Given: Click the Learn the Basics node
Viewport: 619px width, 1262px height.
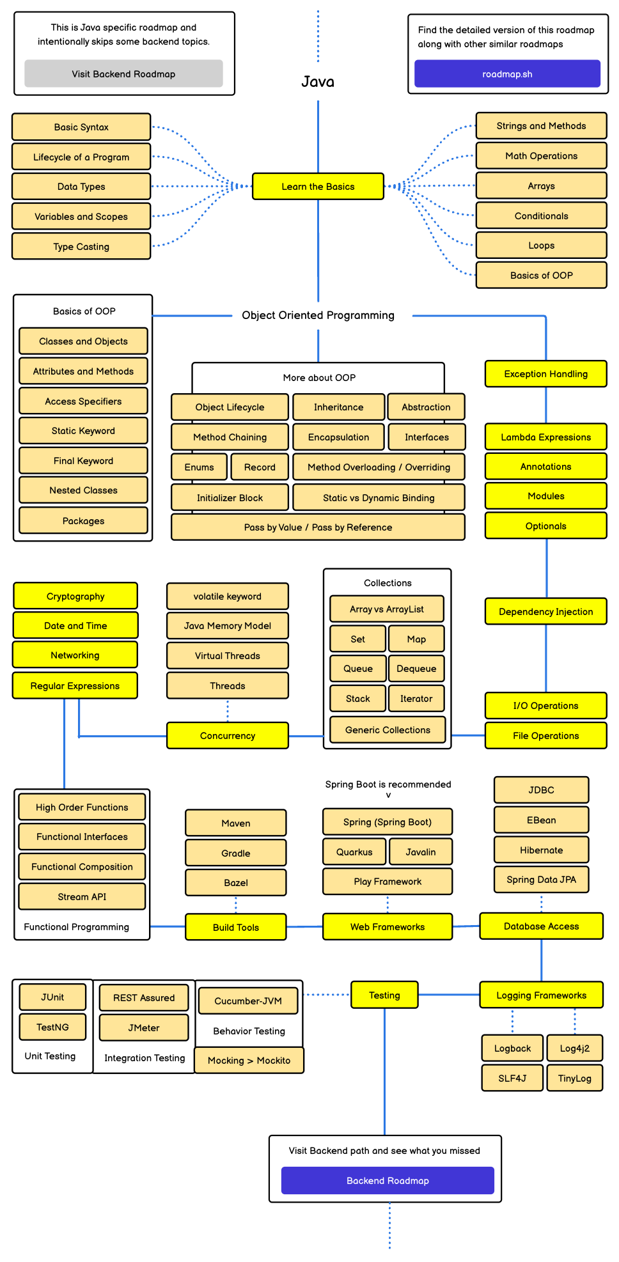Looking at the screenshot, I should [x=318, y=187].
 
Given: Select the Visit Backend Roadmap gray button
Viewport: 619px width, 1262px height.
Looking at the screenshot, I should [x=123, y=74].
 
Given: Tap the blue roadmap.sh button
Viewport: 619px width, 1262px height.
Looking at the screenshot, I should [x=507, y=74].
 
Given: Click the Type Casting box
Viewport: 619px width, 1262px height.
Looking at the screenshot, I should [x=81, y=247].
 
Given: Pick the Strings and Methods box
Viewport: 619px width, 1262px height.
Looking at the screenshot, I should [x=541, y=126].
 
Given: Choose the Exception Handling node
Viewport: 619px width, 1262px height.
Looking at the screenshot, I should [x=545, y=374].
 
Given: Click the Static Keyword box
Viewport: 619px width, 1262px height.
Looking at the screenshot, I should [x=83, y=431].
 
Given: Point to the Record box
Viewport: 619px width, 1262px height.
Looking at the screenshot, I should [x=260, y=467].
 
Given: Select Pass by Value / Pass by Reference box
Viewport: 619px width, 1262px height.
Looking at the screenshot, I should [x=318, y=527].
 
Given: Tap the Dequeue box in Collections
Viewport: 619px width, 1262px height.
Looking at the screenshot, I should [x=416, y=669].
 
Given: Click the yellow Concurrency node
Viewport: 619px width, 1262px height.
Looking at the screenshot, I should [x=228, y=736].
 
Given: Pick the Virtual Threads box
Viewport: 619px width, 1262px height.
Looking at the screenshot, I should [x=228, y=656].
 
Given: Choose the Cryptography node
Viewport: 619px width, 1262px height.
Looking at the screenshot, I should [x=75, y=596].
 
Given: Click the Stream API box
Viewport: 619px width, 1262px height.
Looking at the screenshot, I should [x=82, y=897].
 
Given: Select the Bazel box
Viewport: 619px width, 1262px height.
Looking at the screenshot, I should [x=236, y=883].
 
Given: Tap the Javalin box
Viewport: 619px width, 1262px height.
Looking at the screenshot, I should [x=421, y=852].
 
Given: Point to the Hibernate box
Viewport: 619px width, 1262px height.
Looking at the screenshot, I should [x=541, y=850].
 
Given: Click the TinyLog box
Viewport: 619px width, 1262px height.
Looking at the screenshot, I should [x=574, y=1079].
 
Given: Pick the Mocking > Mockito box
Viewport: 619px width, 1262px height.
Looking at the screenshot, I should [x=249, y=1061].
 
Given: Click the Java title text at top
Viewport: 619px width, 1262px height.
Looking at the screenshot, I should [x=318, y=82].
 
